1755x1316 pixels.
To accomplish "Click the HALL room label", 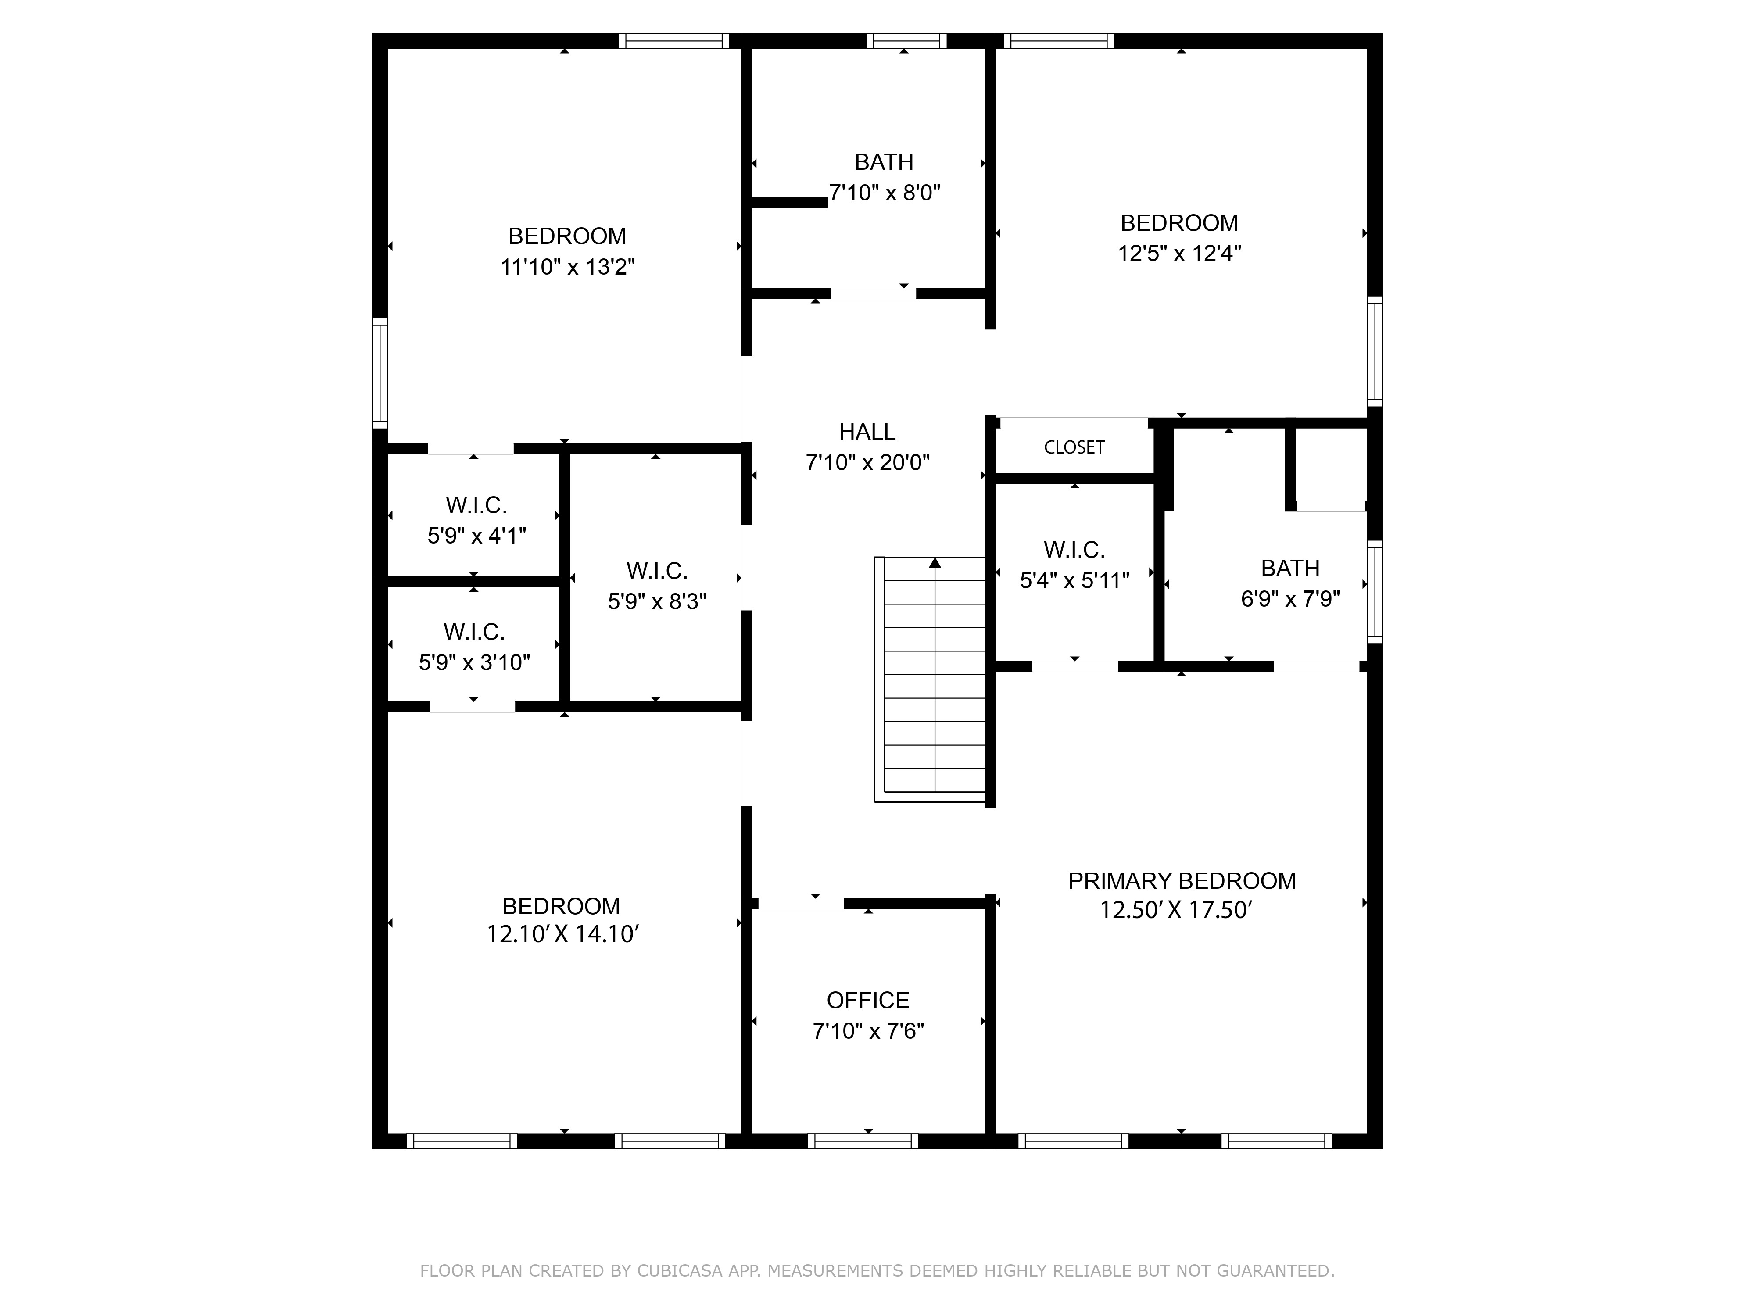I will click(x=867, y=432).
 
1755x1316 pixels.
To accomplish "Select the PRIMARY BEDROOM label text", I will click(x=1182, y=880).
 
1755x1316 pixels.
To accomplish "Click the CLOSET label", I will click(x=1074, y=447).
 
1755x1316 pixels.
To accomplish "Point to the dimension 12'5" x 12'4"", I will click(x=1179, y=253).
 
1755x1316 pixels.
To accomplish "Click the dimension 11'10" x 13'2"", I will click(x=567, y=267).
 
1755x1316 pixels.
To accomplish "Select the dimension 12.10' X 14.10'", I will click(x=562, y=934).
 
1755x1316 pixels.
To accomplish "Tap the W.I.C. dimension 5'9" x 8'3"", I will click(x=657, y=601).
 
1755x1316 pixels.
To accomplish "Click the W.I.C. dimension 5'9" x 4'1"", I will click(x=476, y=536).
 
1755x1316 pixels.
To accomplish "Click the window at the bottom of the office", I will click(x=863, y=1141).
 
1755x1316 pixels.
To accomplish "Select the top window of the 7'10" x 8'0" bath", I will click(x=906, y=40).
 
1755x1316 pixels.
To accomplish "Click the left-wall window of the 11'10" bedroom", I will click(x=380, y=373).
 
